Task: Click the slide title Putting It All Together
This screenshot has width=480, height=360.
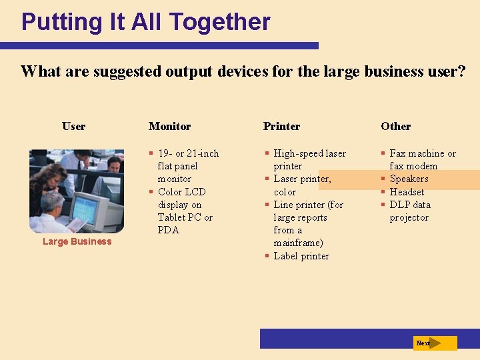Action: [145, 22]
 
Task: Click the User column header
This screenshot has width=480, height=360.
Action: [73, 126]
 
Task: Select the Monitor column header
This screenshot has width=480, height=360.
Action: [169, 126]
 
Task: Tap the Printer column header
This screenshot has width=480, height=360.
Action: [281, 126]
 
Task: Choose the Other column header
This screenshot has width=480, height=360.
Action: [395, 126]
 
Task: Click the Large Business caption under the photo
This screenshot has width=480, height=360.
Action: [77, 241]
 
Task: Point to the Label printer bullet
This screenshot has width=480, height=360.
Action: [301, 256]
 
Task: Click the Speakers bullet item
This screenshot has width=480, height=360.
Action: [409, 179]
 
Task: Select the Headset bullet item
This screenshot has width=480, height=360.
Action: [407, 192]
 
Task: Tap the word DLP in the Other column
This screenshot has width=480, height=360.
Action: [400, 205]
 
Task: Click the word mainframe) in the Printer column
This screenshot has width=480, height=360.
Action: [298, 243]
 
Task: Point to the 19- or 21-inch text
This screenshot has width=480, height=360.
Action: [188, 153]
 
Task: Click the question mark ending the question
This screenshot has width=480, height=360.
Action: [461, 71]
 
